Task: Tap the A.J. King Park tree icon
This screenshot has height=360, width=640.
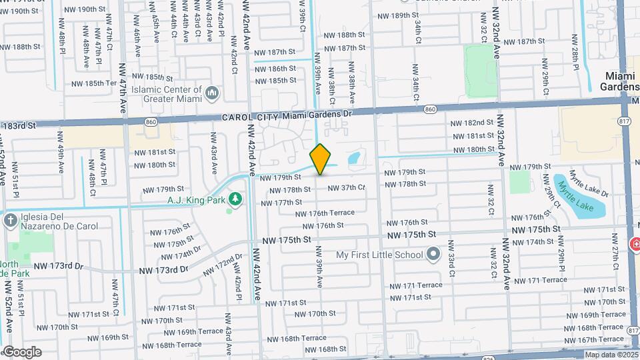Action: point(235,199)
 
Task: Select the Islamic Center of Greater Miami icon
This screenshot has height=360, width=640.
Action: point(212,92)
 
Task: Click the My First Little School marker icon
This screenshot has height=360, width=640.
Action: point(433,254)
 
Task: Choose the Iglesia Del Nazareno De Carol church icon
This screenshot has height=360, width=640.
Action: point(10,219)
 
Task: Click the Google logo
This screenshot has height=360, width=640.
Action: point(21,351)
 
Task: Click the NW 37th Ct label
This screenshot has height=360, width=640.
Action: point(346,187)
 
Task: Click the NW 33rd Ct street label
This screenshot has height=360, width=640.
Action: point(451,260)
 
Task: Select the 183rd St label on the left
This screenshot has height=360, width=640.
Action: point(18,125)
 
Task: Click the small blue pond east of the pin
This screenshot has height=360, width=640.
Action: point(353,159)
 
